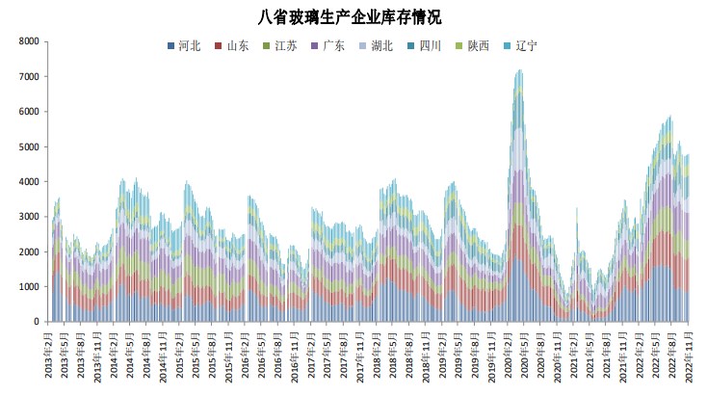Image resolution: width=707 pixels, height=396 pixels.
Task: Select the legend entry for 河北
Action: (184, 46)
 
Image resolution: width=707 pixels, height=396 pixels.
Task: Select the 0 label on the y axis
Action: (36, 322)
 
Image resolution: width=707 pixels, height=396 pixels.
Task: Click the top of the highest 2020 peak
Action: (520, 70)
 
